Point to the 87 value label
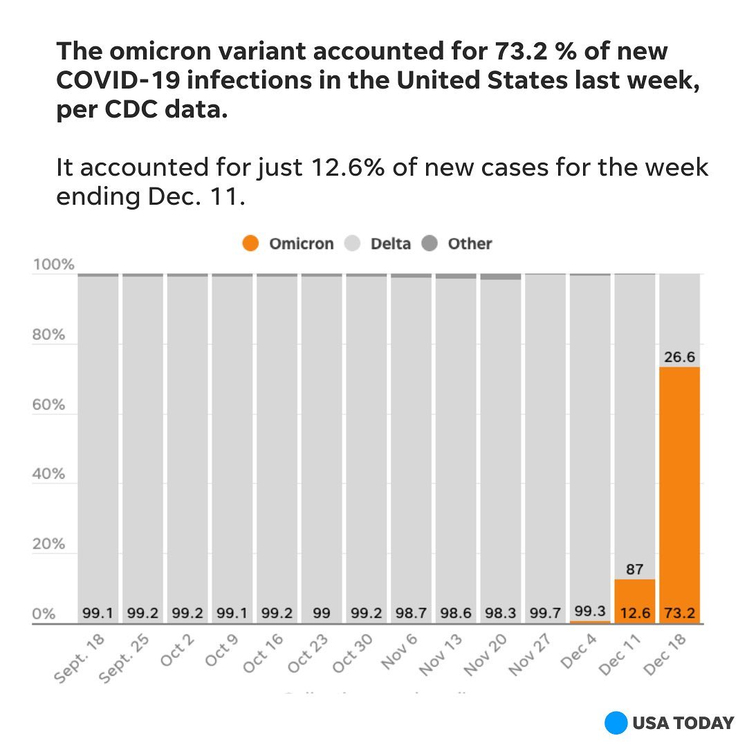635,570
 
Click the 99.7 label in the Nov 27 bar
545,613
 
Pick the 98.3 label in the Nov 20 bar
501,613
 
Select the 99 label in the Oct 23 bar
322,613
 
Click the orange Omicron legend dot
251,243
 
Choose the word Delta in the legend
390,243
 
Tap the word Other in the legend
470,243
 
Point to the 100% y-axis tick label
53,265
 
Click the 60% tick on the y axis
48,405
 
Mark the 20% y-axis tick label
48,544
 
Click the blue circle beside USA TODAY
616,723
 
